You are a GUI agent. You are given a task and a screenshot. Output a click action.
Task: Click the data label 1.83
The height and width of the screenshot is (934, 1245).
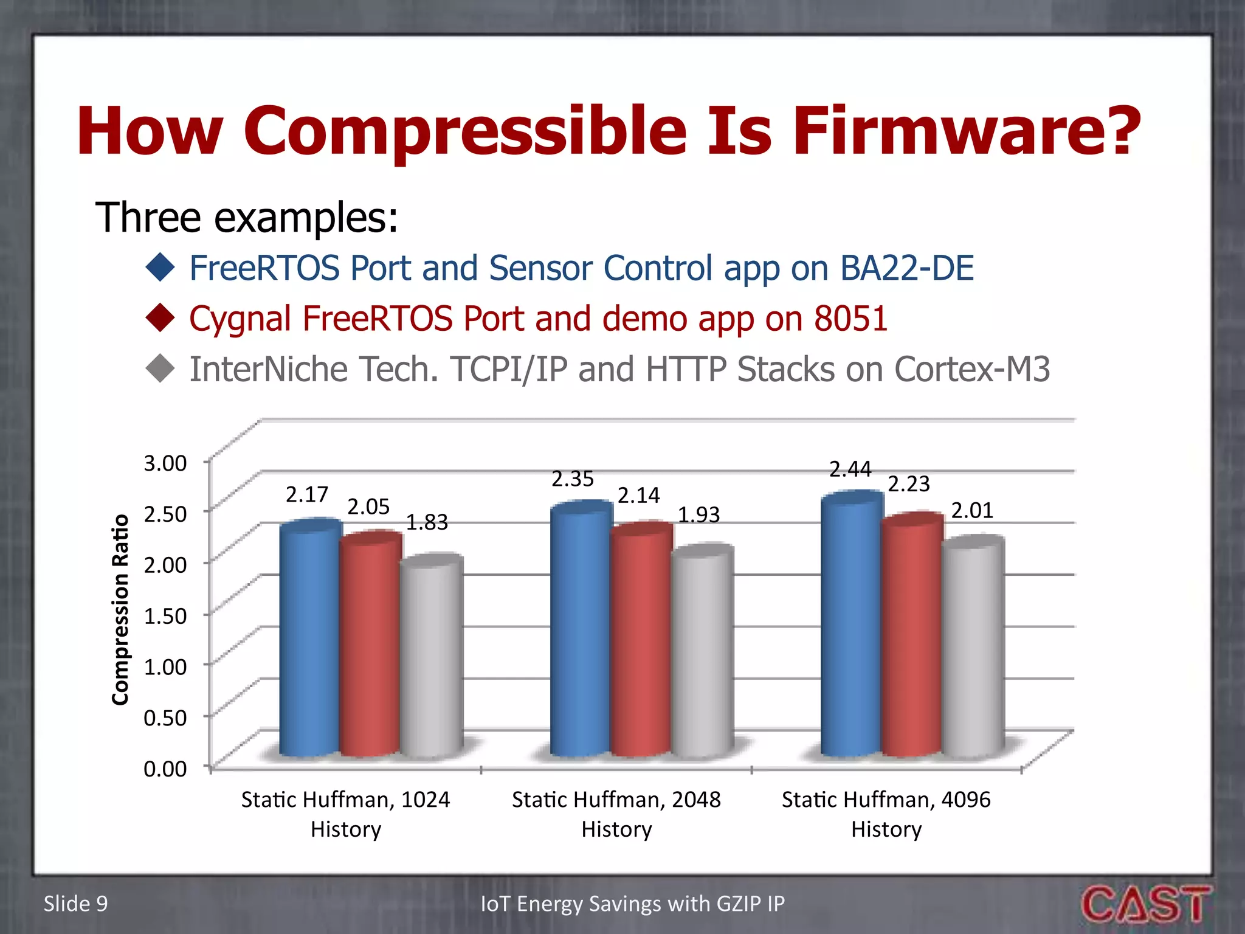[427, 522]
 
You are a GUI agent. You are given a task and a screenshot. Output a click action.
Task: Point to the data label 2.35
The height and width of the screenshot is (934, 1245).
[572, 479]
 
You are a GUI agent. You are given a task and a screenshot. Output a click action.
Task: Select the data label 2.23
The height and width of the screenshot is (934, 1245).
[909, 484]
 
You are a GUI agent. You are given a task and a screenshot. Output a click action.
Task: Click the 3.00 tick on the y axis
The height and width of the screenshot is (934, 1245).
[165, 463]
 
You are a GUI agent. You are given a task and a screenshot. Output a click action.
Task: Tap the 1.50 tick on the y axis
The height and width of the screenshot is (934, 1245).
[165, 616]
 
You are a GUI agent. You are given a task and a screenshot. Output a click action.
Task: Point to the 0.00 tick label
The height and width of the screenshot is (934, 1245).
[165, 769]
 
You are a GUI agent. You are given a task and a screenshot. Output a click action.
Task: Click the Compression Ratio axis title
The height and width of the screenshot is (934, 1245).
[120, 610]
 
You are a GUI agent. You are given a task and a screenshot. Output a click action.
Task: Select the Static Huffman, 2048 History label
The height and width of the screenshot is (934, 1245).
[616, 814]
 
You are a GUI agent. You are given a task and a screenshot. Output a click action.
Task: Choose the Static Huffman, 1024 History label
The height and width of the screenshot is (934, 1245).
[345, 814]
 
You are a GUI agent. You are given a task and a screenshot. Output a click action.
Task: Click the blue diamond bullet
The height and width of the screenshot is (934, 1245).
[160, 268]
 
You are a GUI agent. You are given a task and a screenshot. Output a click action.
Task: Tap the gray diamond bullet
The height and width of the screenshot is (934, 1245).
[160, 368]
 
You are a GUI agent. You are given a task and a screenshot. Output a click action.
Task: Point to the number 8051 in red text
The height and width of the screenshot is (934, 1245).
[850, 319]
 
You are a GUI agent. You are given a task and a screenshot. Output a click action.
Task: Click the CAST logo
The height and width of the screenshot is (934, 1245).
[1146, 904]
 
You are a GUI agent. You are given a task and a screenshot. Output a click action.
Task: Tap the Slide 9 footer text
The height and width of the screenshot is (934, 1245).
[75, 904]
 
